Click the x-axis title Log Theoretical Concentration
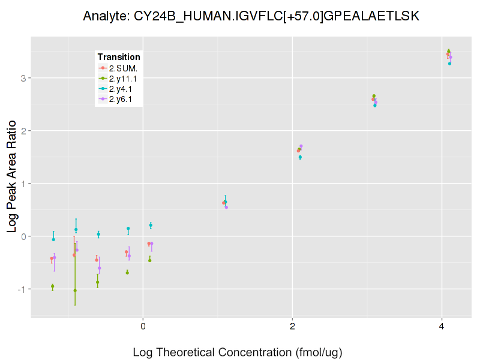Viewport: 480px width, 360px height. (237, 352)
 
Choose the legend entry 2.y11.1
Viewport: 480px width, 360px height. (123, 78)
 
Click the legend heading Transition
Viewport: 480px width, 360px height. (119, 57)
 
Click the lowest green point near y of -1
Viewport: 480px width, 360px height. (75, 290)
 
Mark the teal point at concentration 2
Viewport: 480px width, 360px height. (300, 157)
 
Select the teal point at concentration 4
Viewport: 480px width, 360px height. (449, 63)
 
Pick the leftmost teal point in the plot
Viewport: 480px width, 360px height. (53, 239)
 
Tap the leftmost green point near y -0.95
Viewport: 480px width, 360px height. (53, 287)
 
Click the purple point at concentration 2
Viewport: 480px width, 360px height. (301, 146)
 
